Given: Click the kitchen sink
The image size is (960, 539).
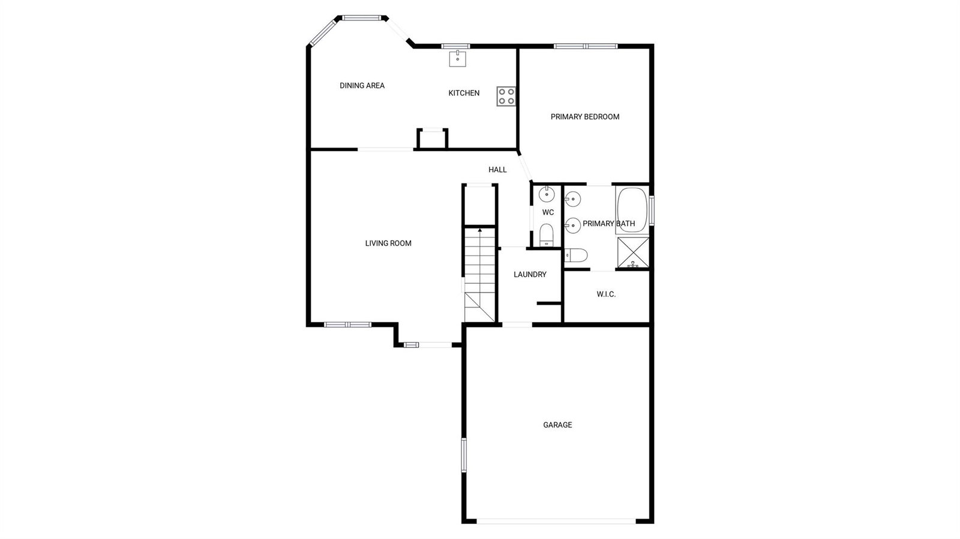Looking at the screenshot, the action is [458, 59].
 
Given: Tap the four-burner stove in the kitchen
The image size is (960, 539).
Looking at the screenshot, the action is [506, 97].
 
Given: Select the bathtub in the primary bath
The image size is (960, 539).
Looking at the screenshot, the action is [632, 210].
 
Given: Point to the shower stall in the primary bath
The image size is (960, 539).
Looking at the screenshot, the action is [633, 252].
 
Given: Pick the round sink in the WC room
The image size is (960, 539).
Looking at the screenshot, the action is [547, 194].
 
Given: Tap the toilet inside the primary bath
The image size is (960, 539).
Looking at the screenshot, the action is [575, 255].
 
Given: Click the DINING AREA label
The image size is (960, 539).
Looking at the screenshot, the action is [362, 86].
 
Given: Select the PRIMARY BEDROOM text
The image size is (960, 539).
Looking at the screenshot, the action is [585, 116].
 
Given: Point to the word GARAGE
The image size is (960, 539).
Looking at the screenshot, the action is [557, 424].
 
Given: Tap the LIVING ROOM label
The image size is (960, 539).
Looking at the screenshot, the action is [388, 243].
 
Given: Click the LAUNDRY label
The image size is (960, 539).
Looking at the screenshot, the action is [530, 275].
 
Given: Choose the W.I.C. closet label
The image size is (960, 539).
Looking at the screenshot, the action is [606, 294].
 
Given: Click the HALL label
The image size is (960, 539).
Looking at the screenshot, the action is [497, 170].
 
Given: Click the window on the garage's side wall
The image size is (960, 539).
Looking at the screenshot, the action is [464, 454].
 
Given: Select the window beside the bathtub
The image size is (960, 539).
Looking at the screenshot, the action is [652, 210].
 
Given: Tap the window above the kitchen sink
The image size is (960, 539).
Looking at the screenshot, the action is [455, 46].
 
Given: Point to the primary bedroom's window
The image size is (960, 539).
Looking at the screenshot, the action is [586, 46].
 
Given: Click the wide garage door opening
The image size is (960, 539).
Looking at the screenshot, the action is [556, 521].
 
